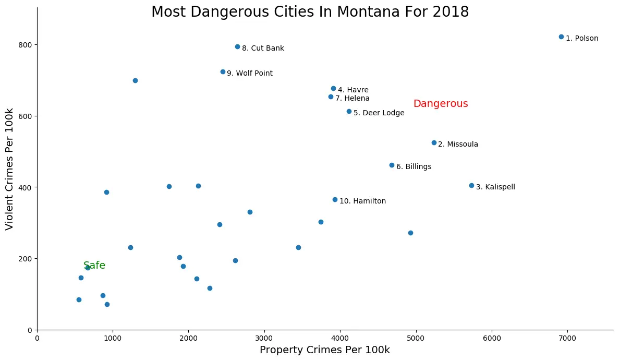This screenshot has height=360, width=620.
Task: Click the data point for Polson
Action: pos(561,37)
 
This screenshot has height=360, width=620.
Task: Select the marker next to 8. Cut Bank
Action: pos(237,46)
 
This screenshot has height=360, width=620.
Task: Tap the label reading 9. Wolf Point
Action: pos(249,74)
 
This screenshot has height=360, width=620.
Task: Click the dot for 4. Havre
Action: pos(333,88)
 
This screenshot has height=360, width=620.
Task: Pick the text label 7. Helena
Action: pos(352,98)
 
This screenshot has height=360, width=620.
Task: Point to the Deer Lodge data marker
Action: pos(349,111)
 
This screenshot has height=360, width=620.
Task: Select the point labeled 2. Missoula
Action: pos(434,142)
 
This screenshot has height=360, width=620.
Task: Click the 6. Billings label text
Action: pos(414,167)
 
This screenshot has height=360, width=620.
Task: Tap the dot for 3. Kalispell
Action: pos(471,185)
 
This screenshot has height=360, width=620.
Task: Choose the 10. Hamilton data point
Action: pos(335,199)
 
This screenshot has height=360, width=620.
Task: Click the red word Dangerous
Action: pos(440,104)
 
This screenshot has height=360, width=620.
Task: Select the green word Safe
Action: pos(94,266)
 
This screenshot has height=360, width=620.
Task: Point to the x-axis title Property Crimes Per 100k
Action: pos(324,350)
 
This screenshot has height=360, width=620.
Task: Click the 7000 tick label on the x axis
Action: pos(567,338)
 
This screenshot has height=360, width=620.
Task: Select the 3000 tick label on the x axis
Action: pos(264,338)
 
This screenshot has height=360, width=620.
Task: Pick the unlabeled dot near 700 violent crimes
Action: pos(135,80)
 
